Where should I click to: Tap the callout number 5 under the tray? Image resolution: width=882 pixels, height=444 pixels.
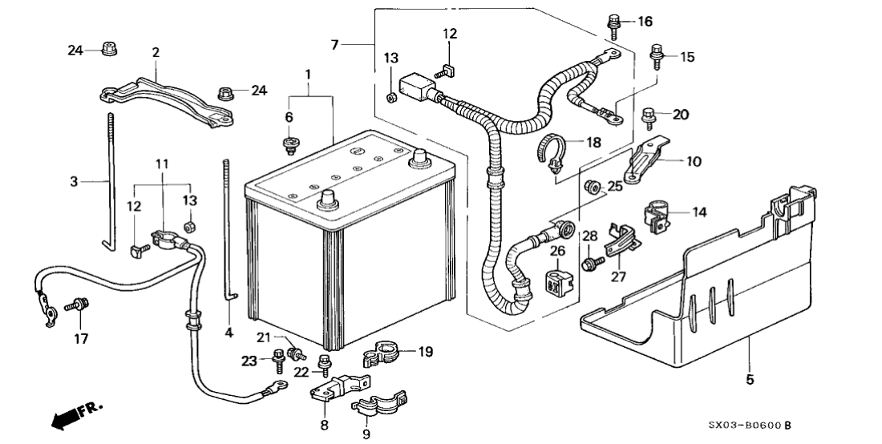click(750, 380)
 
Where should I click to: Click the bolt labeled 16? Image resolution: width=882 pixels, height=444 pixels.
click(615, 25)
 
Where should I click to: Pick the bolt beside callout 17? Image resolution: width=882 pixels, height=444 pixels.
click(79, 305)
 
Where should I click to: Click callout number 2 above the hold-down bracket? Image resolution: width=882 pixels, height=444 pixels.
click(156, 52)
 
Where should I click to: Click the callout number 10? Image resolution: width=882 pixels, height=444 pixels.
click(694, 161)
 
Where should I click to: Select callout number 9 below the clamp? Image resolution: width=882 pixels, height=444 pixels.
click(366, 434)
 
